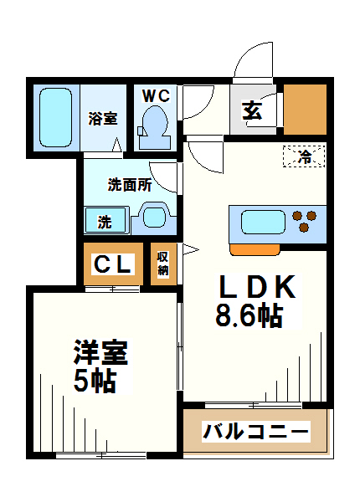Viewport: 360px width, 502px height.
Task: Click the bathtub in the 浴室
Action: (x=58, y=117)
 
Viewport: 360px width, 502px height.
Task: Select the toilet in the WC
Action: (x=155, y=124)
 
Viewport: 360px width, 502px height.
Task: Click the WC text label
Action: (x=156, y=95)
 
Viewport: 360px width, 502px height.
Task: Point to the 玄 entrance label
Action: (x=252, y=110)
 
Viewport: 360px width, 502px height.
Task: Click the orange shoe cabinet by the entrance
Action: (x=304, y=110)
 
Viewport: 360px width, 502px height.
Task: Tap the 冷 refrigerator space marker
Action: (x=305, y=156)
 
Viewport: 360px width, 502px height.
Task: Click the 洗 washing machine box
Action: (x=105, y=222)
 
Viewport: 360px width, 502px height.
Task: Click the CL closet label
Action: (x=113, y=264)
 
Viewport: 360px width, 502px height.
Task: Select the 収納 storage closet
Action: (x=163, y=264)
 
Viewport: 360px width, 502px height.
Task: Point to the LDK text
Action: (x=257, y=288)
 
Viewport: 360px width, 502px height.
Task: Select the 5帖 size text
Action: (x=93, y=381)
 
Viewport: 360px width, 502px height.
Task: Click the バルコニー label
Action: (x=256, y=433)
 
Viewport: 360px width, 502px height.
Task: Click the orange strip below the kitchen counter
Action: (x=255, y=248)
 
